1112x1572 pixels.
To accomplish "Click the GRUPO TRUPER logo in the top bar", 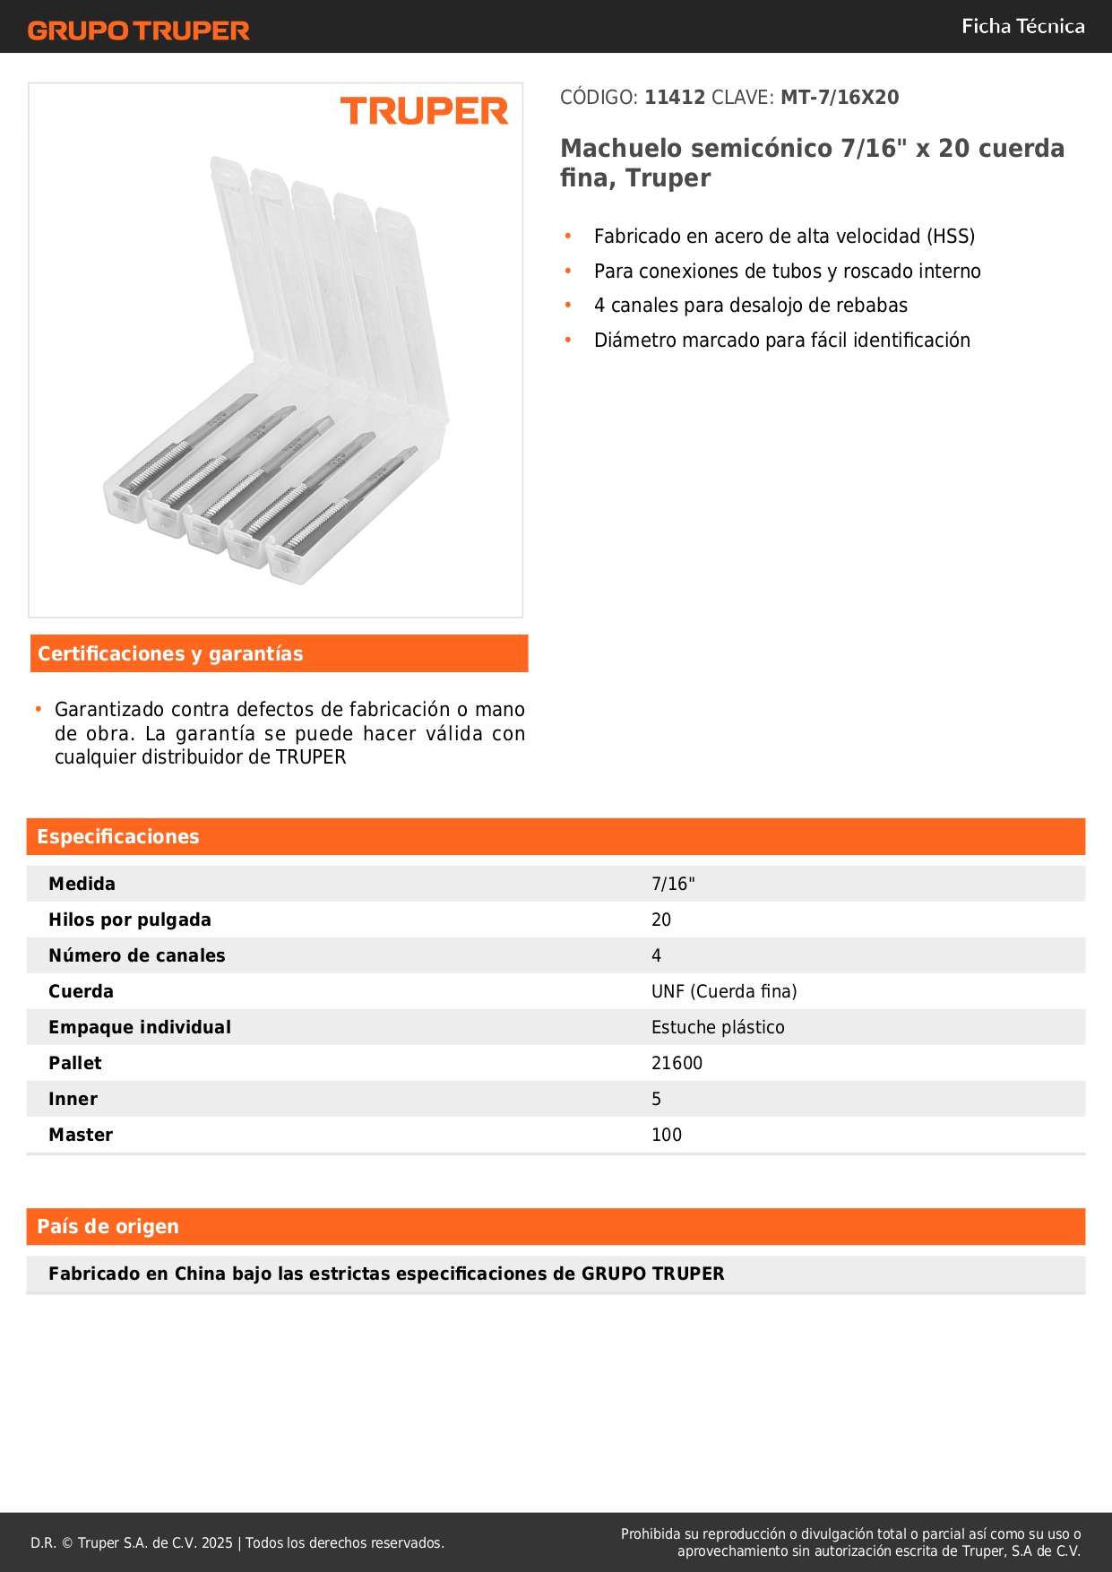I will pos(139,30).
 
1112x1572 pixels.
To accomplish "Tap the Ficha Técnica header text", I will pos(1022,27).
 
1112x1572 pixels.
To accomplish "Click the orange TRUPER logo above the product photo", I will pos(424,111).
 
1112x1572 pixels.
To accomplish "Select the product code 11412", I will pos(675,98).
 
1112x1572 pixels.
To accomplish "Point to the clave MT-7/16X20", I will pos(840,98).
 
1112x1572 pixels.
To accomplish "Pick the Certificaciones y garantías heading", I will pos(170,654).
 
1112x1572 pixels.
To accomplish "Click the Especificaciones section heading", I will pos(118,837).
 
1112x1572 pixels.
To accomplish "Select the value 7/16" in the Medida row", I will pos(673,885).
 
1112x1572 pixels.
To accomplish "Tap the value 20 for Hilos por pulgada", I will pos(661,920).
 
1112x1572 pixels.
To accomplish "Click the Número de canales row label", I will pos(137,956).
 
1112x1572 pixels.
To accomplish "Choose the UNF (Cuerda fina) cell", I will pos(724,992).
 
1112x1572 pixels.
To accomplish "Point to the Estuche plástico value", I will pos(718,1028).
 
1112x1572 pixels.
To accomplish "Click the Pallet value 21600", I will pos(677,1064).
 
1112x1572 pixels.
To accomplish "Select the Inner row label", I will pos(73,1100).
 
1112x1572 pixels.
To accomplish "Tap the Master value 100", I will pos(667,1136).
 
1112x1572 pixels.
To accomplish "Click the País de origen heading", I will pos(108,1227).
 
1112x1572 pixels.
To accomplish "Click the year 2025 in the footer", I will pos(217,1543).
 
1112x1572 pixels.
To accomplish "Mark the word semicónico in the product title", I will pos(749,149).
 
